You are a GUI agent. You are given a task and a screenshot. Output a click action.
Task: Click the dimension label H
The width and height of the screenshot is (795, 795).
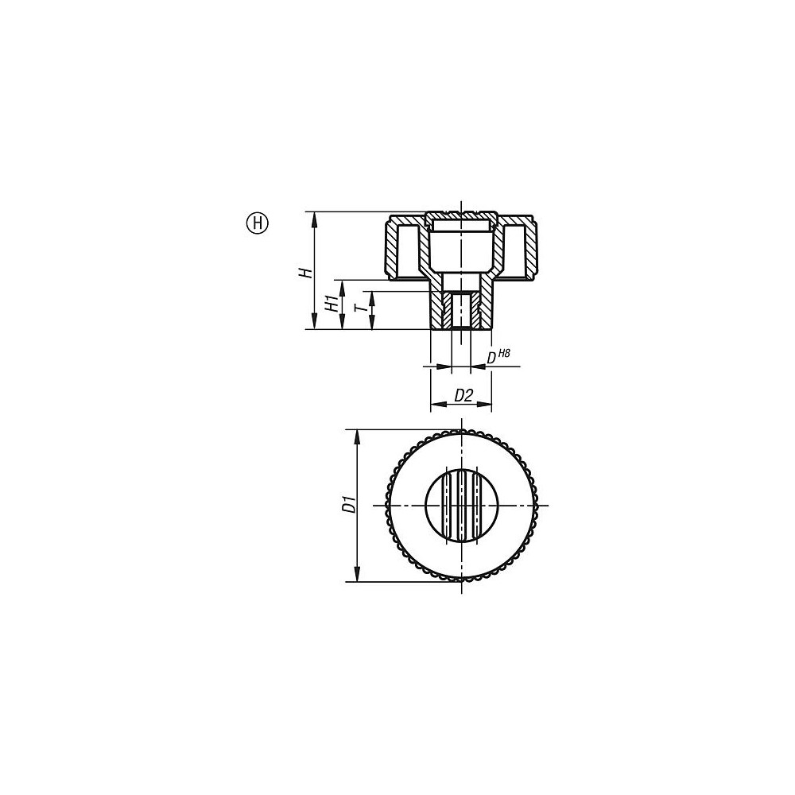click(304, 273)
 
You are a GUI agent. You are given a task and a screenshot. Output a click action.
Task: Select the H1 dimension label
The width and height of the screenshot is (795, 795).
click(330, 304)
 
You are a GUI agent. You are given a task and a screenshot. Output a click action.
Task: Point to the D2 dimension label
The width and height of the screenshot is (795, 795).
click(463, 395)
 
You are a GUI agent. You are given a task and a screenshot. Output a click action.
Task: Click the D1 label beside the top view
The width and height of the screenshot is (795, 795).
click(347, 505)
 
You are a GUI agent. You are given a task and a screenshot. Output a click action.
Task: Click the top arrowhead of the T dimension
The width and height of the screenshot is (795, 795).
click(370, 295)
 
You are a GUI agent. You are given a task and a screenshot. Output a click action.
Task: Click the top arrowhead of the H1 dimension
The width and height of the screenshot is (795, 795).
click(342, 285)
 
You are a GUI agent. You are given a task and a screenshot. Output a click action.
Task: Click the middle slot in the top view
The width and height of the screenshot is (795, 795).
click(462, 506)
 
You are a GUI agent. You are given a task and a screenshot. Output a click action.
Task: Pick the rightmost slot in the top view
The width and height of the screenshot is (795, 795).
click(476, 506)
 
